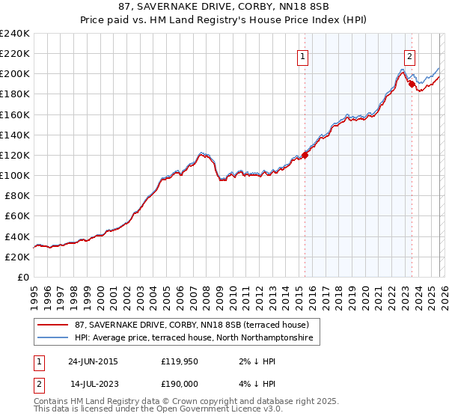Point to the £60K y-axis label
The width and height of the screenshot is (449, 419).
[16, 215]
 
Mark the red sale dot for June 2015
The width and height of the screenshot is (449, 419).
[305, 156]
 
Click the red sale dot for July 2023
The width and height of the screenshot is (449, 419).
[412, 84]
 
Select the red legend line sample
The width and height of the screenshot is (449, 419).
[53, 325]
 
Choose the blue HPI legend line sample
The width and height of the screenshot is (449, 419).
[53, 339]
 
